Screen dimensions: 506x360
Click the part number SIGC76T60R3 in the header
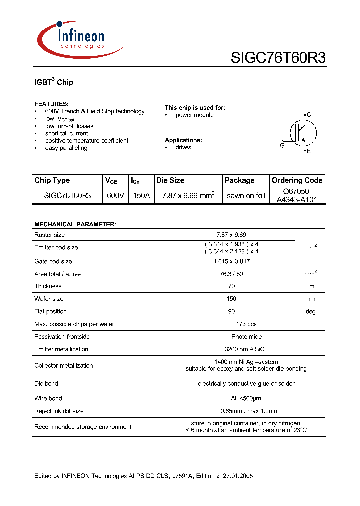[x=278, y=58]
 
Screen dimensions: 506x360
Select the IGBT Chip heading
[x=53, y=82]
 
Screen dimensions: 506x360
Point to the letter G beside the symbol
[x=282, y=145]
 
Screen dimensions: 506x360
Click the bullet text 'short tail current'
[x=66, y=133]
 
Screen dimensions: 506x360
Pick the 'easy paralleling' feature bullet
[x=66, y=148]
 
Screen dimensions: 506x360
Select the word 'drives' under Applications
[x=183, y=147]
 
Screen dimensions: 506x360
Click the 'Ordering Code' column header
[x=297, y=180]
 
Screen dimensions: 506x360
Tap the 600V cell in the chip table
[x=115, y=196]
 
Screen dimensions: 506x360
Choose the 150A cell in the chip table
[x=141, y=196]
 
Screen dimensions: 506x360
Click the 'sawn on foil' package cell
[x=246, y=196]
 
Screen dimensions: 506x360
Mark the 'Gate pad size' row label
[x=53, y=261]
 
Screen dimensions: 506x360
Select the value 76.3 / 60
[x=230, y=274]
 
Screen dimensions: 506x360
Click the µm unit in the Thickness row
[x=310, y=286]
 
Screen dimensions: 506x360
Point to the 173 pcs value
[x=230, y=324]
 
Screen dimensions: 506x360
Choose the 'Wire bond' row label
[x=48, y=398]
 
